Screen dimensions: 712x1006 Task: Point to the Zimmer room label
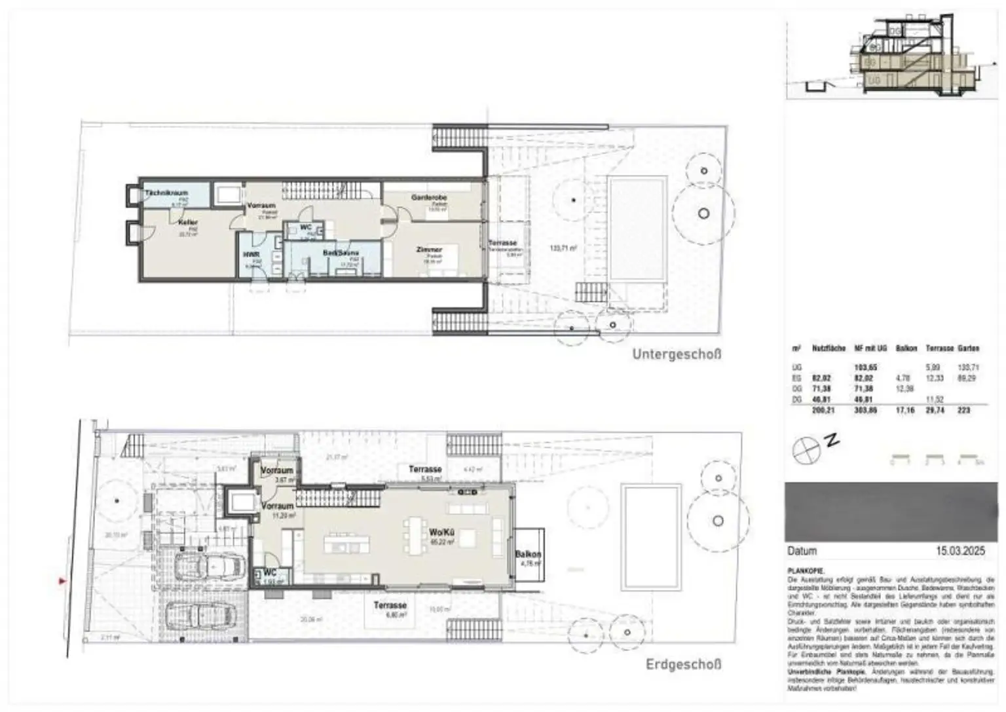(429, 250)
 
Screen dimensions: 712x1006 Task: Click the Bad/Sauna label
(341, 252)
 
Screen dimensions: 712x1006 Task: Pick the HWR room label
(250, 254)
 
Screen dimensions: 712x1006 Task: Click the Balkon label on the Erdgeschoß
(527, 553)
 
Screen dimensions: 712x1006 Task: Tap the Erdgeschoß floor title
(683, 664)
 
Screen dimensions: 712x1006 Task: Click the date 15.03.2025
(966, 552)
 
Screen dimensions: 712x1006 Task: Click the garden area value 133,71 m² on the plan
(563, 248)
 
